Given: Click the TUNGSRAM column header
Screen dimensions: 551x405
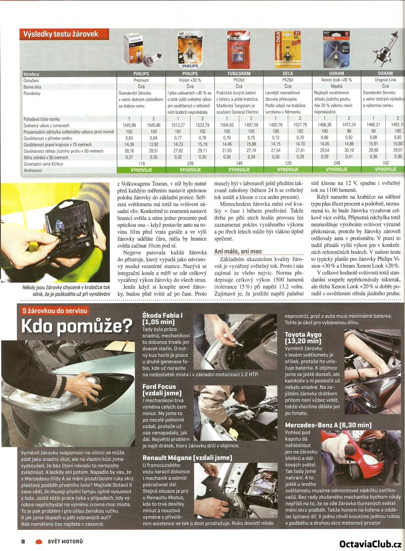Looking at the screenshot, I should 239,73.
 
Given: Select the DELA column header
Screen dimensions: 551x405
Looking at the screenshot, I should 287,73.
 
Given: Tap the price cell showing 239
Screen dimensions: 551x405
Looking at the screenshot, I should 190,163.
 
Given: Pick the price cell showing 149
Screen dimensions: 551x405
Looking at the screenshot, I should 239,163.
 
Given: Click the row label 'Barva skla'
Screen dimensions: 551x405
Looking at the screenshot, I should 35,86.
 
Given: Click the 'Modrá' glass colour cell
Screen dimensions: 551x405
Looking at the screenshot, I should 337,86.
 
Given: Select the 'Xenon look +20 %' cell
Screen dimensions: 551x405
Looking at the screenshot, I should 337,80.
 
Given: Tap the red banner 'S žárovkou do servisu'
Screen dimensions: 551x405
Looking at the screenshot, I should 55,310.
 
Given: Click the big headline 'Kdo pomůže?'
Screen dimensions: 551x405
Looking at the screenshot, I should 77,327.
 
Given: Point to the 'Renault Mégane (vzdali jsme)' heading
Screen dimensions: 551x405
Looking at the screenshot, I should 187,458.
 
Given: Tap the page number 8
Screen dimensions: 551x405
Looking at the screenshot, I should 22,541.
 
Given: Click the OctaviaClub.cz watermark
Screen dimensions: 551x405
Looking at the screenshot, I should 371,544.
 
